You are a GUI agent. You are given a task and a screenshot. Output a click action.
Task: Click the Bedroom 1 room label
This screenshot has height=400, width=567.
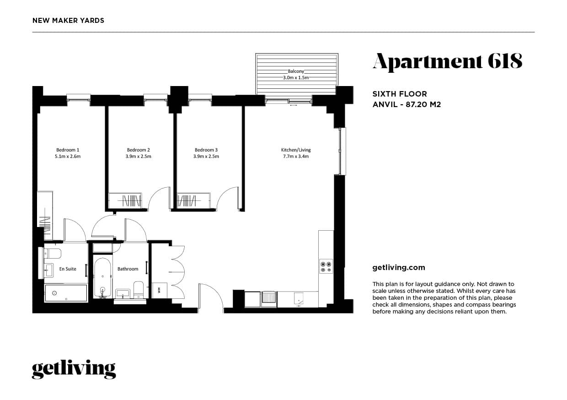point(68,150)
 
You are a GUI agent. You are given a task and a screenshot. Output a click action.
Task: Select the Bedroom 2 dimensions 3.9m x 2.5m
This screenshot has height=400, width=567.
point(139,157)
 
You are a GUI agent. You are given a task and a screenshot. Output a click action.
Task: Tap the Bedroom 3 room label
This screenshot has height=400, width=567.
point(206,150)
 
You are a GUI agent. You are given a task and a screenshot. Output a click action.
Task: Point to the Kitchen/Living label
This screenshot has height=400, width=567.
point(296,150)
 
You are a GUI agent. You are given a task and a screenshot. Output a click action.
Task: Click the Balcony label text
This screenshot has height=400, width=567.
point(296,71)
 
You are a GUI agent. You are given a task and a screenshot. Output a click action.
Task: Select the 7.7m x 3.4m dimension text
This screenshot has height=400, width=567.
point(296,157)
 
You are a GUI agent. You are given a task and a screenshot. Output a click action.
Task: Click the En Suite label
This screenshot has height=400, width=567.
point(68,269)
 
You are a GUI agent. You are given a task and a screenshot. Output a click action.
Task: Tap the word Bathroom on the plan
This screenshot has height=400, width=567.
point(128,269)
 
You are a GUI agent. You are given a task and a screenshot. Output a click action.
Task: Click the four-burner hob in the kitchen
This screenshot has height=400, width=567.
point(326,267)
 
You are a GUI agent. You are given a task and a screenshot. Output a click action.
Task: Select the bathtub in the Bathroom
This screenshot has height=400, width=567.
point(102,277)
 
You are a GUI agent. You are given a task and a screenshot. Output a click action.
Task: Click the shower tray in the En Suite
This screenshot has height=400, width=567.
point(66,293)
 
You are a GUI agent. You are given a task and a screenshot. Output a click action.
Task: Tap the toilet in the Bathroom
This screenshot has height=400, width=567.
point(139,289)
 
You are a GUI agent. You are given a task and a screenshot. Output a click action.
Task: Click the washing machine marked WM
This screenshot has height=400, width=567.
point(159,290)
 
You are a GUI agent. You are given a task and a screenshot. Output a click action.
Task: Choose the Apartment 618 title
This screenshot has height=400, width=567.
point(447,61)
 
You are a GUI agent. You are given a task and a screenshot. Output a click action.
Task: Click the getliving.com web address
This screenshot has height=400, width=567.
point(399,268)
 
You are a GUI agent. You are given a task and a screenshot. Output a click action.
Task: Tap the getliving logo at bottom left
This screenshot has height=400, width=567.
point(74,369)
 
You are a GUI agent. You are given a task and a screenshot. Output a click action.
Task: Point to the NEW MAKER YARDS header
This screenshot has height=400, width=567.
point(69,21)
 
